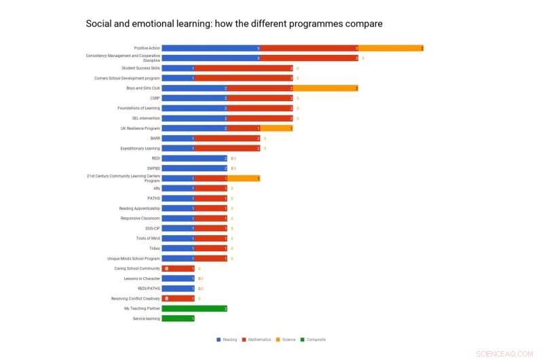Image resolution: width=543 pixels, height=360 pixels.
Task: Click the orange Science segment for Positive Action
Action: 391,48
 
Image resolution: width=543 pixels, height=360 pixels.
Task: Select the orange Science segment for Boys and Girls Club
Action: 326,88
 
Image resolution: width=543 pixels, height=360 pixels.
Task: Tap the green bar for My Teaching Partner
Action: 194,308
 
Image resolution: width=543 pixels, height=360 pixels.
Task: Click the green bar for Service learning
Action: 178,319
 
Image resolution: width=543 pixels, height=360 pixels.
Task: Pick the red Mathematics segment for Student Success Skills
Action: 244,68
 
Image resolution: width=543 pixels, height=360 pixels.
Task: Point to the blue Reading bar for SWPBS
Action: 194,168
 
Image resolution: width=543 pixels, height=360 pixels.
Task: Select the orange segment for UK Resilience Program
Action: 276,128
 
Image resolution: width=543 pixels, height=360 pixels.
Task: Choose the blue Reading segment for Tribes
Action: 178,249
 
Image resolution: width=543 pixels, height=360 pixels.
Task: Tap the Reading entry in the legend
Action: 227,340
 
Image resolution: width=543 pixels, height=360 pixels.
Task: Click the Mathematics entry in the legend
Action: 258,340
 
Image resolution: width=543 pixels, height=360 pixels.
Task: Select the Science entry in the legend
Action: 288,340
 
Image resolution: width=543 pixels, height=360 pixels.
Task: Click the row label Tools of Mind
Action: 148,238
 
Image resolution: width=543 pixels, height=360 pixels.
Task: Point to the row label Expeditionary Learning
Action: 140,148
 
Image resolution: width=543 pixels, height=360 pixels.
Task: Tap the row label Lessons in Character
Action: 142,278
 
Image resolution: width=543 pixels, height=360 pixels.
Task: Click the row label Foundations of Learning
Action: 139,108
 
